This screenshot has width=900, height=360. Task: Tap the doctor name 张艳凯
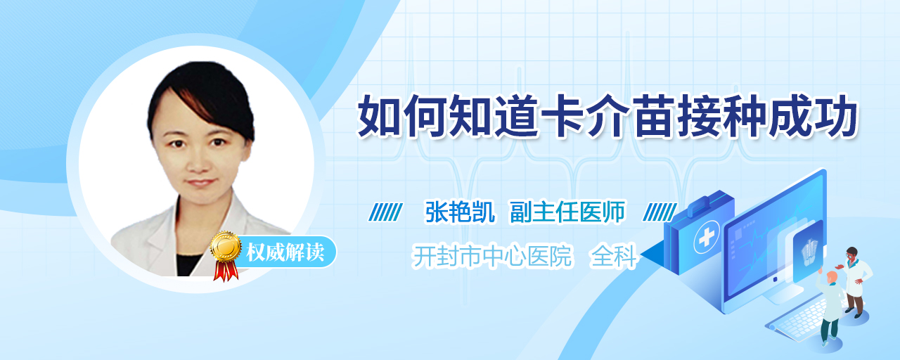click(x=460, y=212)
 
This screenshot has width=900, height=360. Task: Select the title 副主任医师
click(x=567, y=212)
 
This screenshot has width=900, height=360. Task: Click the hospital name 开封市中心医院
click(x=492, y=257)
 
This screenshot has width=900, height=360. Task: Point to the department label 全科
click(x=614, y=257)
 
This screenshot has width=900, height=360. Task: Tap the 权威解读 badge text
click(x=285, y=252)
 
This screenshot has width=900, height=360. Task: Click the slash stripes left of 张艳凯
click(x=385, y=212)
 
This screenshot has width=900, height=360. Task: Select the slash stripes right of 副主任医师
click(x=660, y=212)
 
